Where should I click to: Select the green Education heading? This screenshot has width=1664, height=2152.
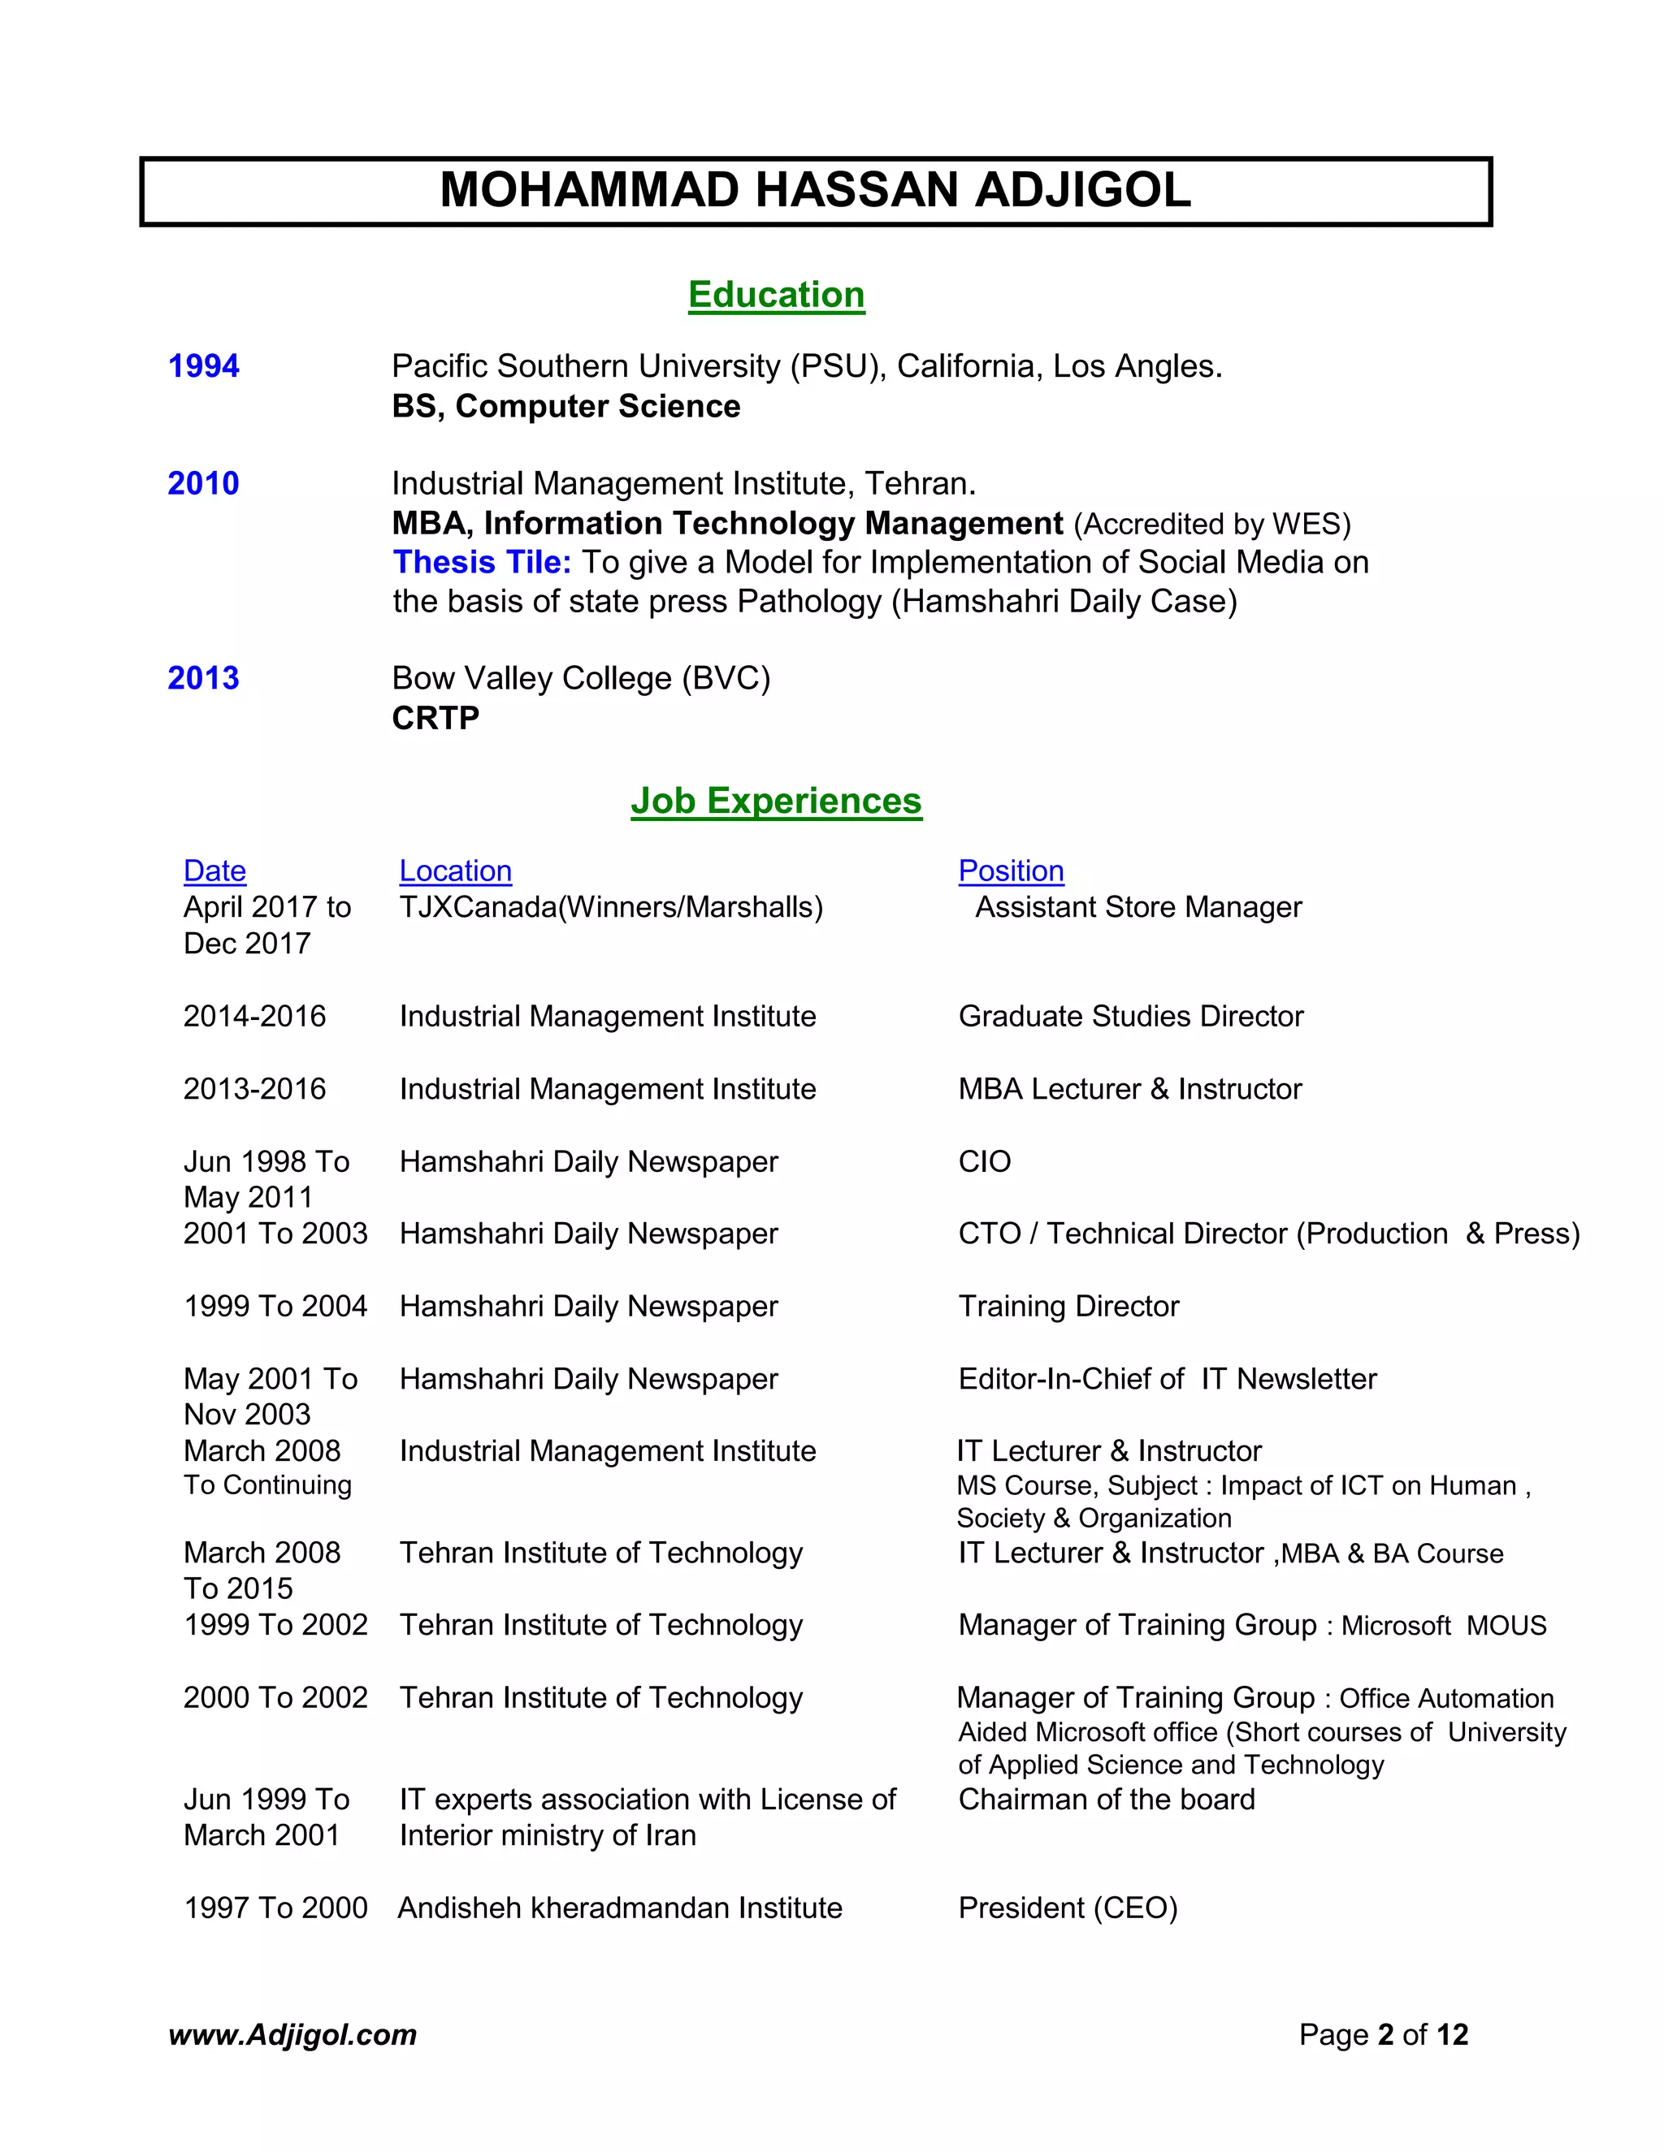point(776,295)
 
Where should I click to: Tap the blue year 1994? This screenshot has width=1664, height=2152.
point(203,365)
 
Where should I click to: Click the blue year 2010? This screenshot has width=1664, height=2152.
point(203,483)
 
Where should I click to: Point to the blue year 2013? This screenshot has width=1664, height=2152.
point(203,678)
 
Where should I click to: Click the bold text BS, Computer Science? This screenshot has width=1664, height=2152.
point(565,406)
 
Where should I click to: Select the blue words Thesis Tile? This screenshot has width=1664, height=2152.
point(481,562)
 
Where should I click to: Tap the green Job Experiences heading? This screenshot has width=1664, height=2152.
point(776,800)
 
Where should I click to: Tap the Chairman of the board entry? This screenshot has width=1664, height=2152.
point(1106,1800)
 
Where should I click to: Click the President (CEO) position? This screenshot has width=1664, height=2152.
point(1068,1908)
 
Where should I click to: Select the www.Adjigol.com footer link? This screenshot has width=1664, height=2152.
point(292,2035)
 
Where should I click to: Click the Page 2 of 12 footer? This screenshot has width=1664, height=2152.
point(1382,2035)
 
